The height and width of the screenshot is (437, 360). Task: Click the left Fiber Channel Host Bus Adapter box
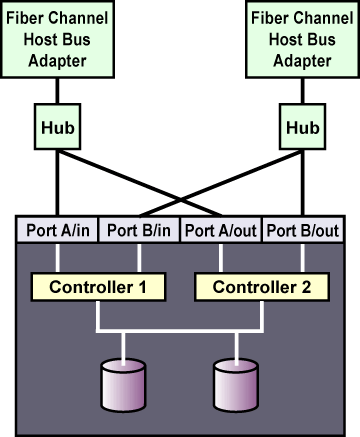tap(57, 39)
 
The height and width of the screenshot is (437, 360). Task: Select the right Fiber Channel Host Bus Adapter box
tap(302, 39)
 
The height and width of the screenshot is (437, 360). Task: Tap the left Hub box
tap(57, 127)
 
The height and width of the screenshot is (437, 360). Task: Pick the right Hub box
tap(302, 127)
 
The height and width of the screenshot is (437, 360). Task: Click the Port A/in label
tap(58, 230)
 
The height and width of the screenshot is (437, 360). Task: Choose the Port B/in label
tap(139, 230)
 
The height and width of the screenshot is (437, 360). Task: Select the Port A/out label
tap(221, 230)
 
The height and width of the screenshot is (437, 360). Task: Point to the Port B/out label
tap(303, 230)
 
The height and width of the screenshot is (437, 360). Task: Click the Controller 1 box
tap(98, 287)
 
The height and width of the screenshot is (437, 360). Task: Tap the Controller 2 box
tap(262, 287)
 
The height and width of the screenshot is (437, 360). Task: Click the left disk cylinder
tap(123, 385)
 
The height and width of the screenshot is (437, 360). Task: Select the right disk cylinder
tap(236, 385)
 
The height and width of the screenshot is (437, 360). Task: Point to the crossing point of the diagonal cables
tap(180, 200)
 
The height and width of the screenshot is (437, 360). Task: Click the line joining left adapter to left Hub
tap(57, 91)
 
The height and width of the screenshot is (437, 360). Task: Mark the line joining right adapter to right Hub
tap(302, 91)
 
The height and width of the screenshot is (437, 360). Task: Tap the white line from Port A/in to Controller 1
tap(58, 258)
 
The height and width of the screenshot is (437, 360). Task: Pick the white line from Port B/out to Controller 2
tap(303, 258)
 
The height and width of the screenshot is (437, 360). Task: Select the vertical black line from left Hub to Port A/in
tap(57, 183)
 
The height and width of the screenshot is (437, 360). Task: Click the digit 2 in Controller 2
tap(306, 287)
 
